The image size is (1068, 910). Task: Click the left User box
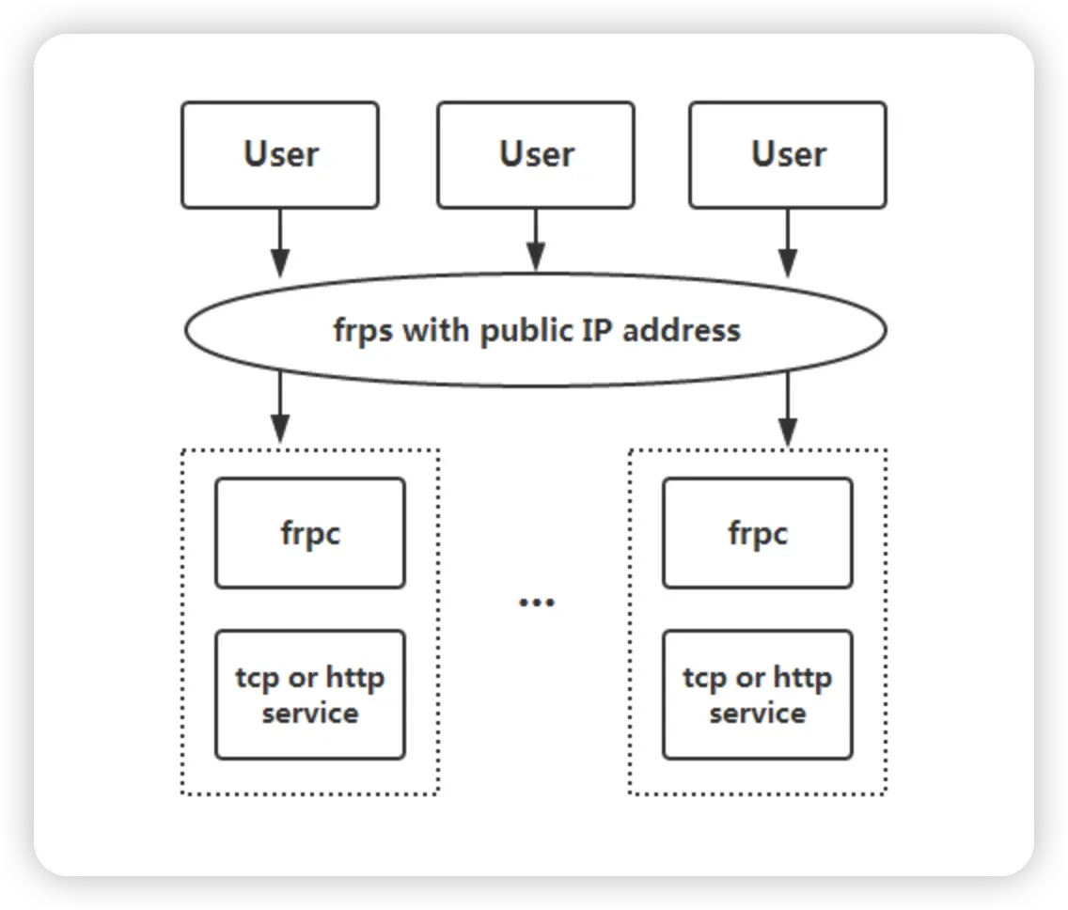280,154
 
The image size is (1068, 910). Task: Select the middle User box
536,154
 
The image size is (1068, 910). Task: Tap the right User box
788,154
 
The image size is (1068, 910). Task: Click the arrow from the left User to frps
280,243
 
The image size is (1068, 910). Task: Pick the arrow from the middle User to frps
536,241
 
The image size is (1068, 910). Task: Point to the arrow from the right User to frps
788,243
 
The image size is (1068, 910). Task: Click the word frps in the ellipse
363,331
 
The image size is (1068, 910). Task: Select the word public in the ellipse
526,331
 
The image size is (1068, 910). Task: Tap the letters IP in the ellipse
597,330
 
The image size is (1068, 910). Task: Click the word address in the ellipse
681,330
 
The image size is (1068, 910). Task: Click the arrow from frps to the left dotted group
280,407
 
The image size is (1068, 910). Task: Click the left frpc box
310,533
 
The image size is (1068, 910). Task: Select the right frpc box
758,533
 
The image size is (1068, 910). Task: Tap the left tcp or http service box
310,694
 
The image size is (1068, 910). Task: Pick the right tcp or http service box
758,694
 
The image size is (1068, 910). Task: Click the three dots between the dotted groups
537,603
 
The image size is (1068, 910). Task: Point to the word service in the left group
310,714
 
